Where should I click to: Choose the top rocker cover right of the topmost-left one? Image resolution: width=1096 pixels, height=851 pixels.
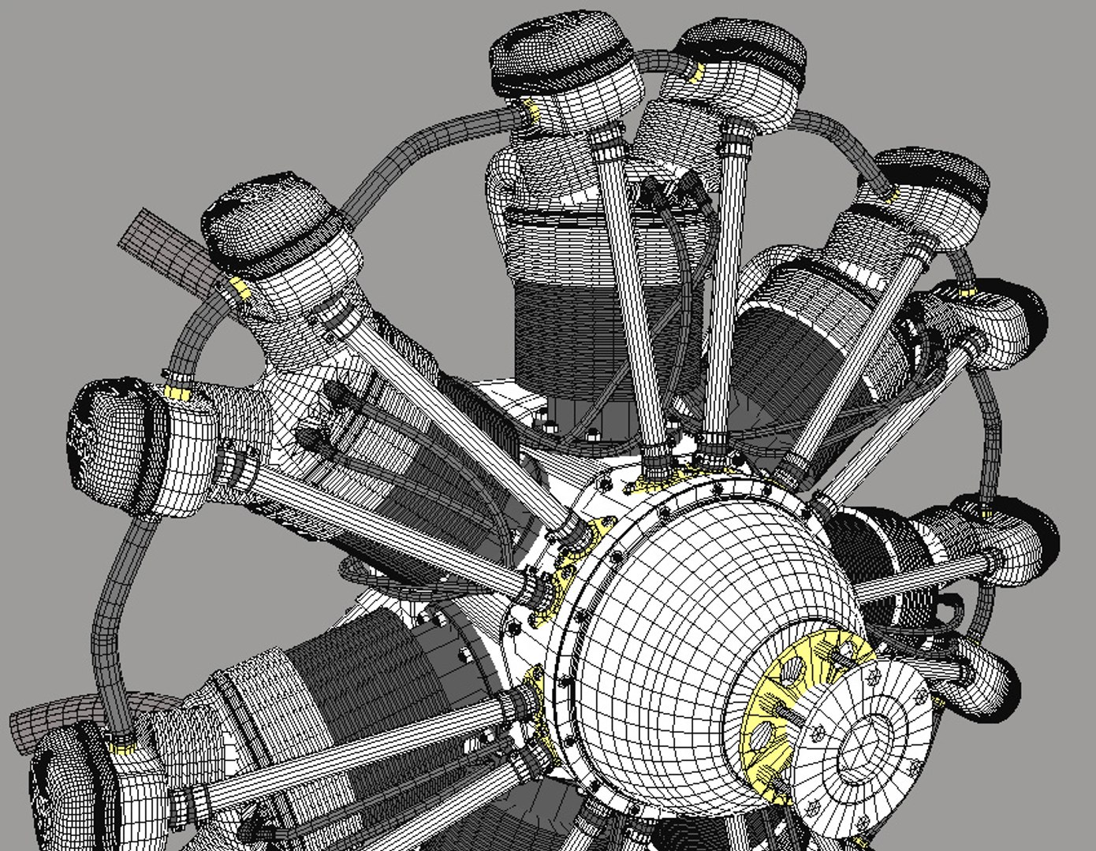tap(741, 55)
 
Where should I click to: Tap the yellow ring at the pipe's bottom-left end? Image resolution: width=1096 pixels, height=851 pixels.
tap(122, 745)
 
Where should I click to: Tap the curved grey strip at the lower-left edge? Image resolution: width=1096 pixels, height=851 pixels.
tap(55, 714)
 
